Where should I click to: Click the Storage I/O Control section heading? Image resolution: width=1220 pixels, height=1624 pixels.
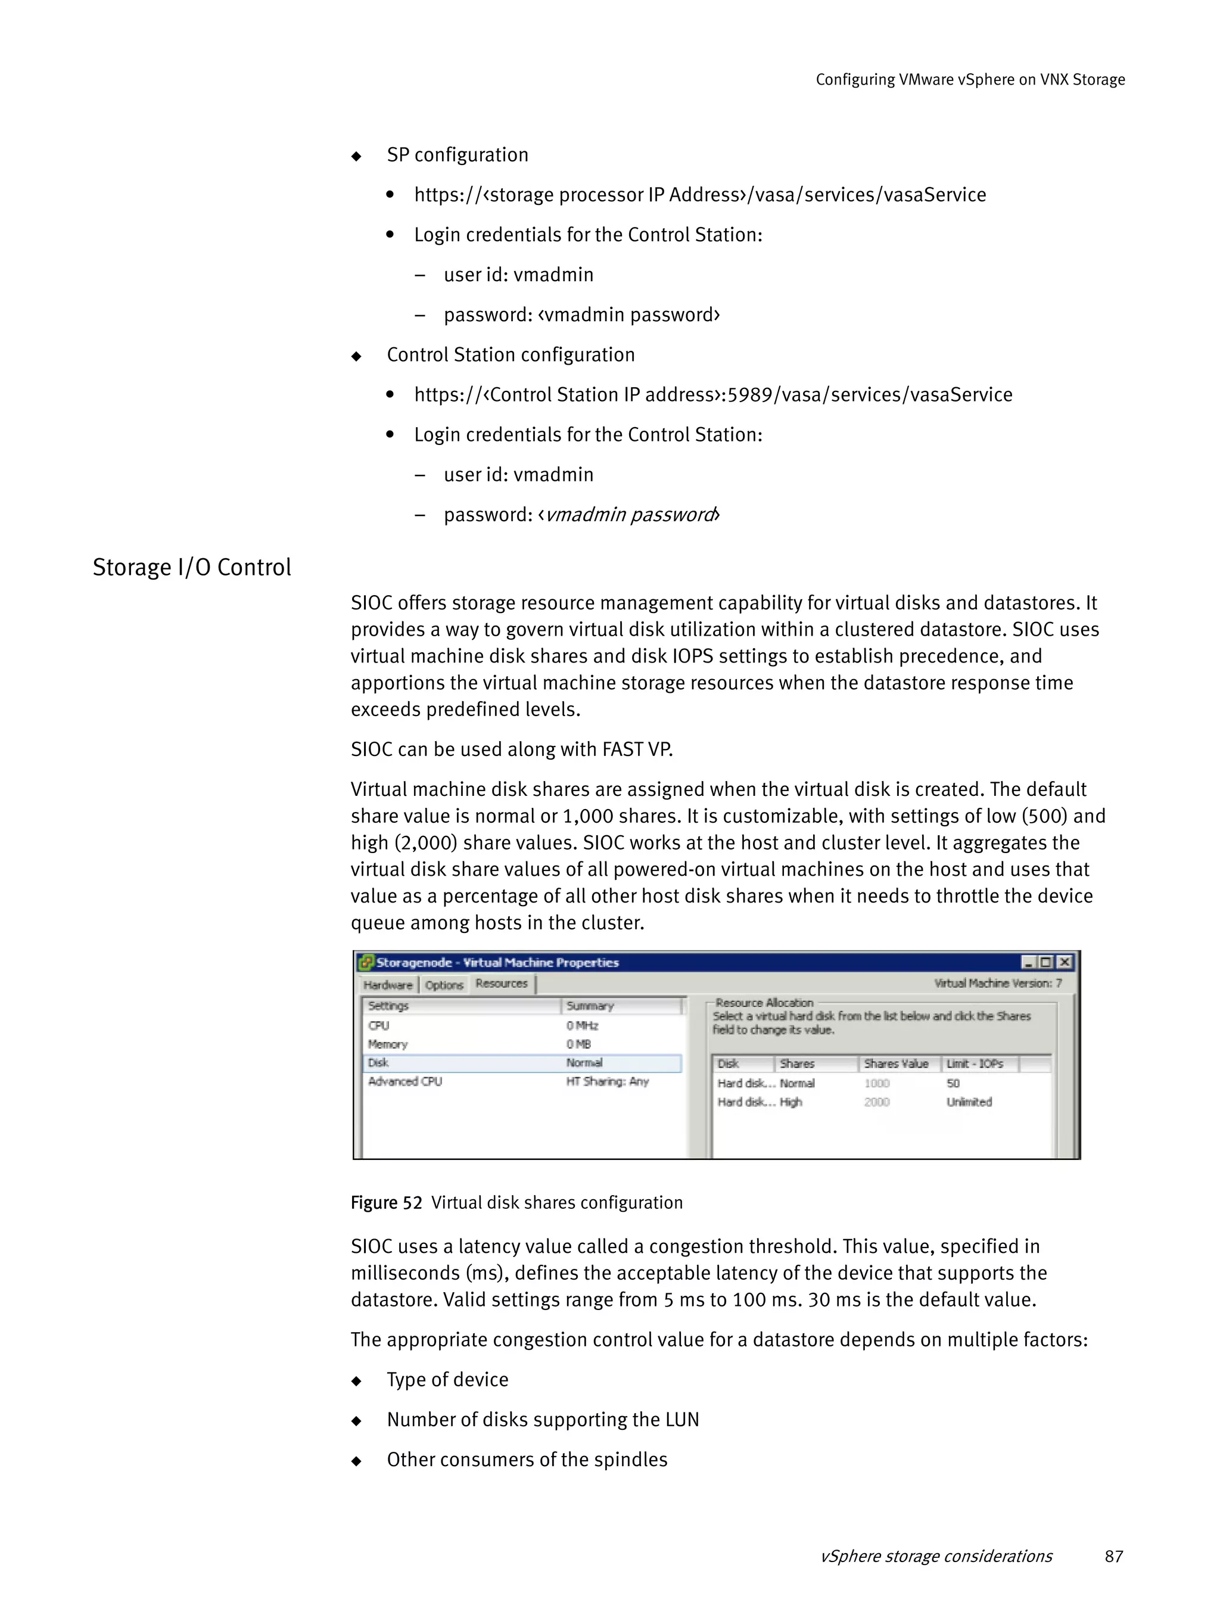192,568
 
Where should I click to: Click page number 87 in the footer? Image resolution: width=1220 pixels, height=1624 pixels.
1113,1555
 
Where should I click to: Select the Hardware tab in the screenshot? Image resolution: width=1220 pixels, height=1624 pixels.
388,985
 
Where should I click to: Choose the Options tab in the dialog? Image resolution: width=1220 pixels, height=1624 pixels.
444,985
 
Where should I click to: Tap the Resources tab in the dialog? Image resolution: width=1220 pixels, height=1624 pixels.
502,983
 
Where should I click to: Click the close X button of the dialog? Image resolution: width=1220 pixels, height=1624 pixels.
1064,962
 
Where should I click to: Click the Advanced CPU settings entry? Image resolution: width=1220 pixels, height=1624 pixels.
405,1081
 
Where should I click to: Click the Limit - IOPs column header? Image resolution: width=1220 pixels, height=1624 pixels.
974,1063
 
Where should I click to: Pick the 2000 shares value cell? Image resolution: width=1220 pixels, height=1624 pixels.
876,1102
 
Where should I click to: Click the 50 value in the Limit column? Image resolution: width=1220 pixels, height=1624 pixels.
953,1083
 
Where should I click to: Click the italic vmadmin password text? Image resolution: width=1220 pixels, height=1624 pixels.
630,514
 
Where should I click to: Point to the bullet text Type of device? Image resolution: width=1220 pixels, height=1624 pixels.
447,1380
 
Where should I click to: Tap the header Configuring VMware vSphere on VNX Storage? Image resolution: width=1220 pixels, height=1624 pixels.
970,79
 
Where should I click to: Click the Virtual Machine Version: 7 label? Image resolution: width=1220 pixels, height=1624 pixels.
997,982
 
